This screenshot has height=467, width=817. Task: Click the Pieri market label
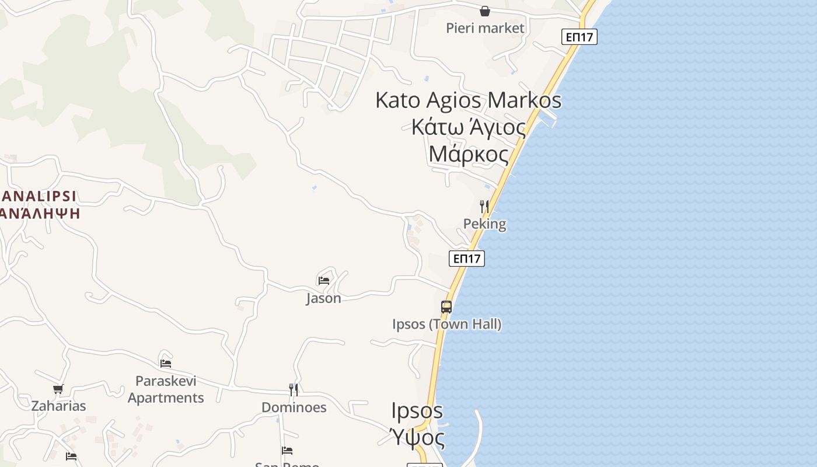pos(485,28)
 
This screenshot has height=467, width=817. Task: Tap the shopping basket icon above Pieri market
pos(485,11)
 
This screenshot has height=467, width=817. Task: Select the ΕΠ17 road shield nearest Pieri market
pos(579,37)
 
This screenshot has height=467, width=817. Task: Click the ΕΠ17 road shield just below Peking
pos(467,258)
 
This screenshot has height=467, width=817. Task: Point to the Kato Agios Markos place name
pos(468,100)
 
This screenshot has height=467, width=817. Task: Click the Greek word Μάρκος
pos(468,155)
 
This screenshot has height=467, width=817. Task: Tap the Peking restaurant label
pos(484,224)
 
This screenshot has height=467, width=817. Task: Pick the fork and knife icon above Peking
pos(484,206)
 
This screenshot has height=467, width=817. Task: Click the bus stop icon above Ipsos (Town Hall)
pos(446,306)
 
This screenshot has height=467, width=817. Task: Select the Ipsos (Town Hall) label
pos(446,324)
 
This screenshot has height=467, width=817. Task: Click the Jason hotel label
pos(324,298)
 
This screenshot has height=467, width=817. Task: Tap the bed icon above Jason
pos(324,280)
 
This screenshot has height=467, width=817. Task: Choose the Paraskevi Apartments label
pos(166,389)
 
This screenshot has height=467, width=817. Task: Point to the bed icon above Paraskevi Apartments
pos(166,363)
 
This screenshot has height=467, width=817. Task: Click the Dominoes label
pos(294,407)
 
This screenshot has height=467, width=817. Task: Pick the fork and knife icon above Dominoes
pos(294,389)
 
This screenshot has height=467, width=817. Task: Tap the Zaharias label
pos(58,406)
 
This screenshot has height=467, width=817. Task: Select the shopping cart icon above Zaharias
pos(58,389)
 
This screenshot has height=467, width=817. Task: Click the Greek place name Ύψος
pos(417,437)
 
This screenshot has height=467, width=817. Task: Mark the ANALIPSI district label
pos(39,196)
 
